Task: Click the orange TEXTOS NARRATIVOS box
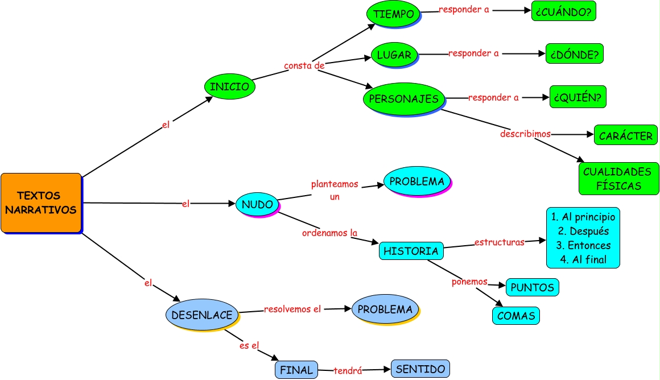[x=41, y=203]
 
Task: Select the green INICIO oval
[x=229, y=87]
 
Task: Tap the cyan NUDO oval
[x=257, y=204]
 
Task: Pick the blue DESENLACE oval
[x=201, y=315]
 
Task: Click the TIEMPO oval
[x=393, y=14]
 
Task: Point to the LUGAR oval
[x=394, y=55]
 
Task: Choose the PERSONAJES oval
[x=403, y=98]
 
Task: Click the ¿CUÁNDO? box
[x=563, y=11]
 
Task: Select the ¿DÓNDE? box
[x=574, y=53]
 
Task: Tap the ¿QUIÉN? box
[x=577, y=97]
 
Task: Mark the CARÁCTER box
[x=625, y=136]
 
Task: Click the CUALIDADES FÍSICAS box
[x=618, y=179]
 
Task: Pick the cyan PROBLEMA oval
[x=416, y=181]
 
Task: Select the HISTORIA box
[x=411, y=251]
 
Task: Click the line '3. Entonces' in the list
[x=583, y=246]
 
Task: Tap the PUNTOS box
[x=532, y=287]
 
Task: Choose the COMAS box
[x=515, y=316]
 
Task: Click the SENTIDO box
[x=420, y=369]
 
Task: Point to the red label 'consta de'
[x=304, y=66]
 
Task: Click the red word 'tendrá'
[x=348, y=370]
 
